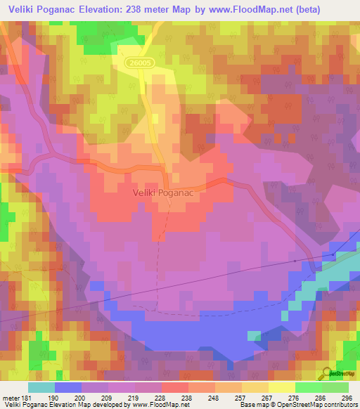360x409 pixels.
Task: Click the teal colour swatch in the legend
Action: pyautogui.click(x=41, y=387)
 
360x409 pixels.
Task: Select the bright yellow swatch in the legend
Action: pyautogui.click(x=281, y=387)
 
